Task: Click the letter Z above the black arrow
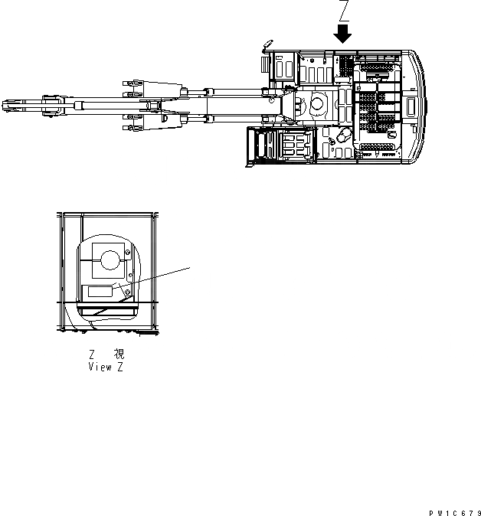[344, 11]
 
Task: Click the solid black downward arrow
[343, 33]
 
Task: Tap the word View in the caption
[101, 367]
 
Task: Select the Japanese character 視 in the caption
[119, 354]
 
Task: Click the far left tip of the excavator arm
[4, 105]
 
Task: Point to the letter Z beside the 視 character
[93, 354]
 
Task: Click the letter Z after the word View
[119, 367]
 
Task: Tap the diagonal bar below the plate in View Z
[107, 310]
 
